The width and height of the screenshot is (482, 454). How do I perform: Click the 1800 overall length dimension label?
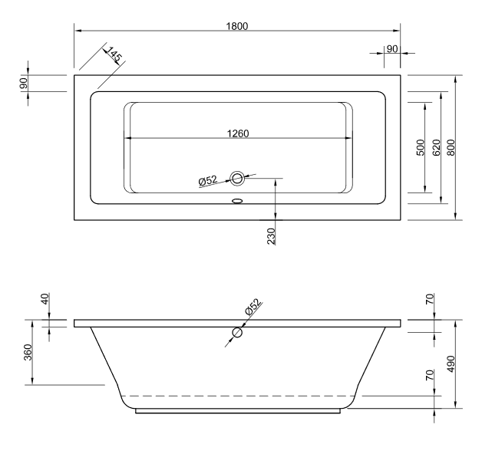[x=237, y=25]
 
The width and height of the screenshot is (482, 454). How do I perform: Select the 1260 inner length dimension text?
[x=238, y=133]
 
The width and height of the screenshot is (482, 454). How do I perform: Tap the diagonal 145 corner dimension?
[x=114, y=55]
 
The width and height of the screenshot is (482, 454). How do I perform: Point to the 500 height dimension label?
[x=421, y=148]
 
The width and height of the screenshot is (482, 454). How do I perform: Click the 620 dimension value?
[x=436, y=148]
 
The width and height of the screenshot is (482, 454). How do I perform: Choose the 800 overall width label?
[x=451, y=148]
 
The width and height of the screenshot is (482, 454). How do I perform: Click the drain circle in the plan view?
[x=238, y=179]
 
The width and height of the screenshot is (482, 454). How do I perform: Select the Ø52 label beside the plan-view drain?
[x=208, y=181]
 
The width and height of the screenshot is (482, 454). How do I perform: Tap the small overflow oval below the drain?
[x=236, y=202]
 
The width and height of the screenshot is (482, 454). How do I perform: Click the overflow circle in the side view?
[x=238, y=334]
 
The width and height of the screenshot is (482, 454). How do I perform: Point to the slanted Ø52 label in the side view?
[x=253, y=308]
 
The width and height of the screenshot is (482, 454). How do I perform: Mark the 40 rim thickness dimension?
[x=45, y=300]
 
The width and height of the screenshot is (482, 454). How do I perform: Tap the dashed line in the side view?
[x=238, y=396]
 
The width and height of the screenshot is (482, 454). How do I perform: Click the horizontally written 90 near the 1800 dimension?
[x=391, y=48]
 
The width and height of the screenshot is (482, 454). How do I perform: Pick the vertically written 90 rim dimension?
[x=25, y=83]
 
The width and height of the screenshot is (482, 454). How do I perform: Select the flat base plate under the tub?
[x=238, y=411]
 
